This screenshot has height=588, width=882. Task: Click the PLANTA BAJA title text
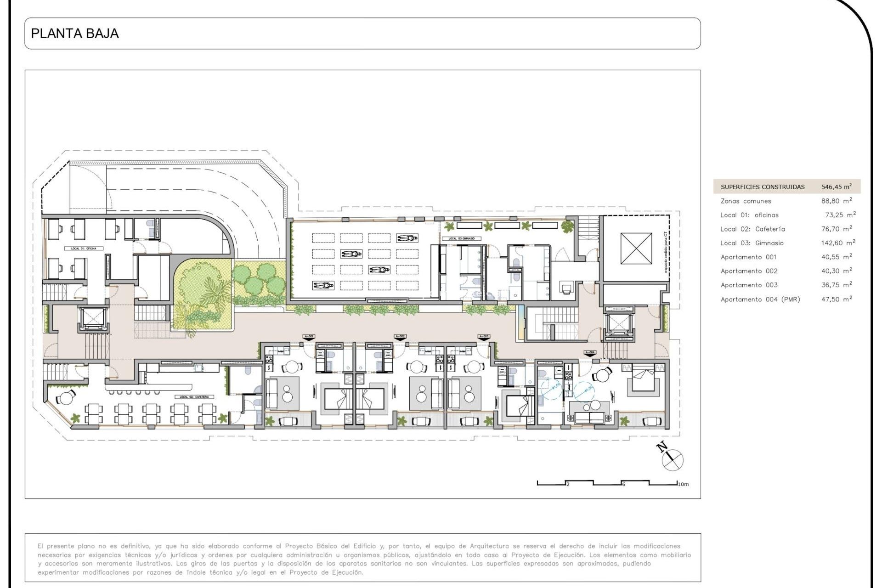click(74, 34)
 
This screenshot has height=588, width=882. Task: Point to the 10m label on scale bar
click(683, 484)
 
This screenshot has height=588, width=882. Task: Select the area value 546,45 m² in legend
click(836, 187)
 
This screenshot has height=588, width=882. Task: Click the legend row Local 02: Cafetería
click(752, 229)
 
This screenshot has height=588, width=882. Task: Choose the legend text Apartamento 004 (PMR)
click(760, 299)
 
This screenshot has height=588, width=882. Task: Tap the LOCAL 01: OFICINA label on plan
click(84, 249)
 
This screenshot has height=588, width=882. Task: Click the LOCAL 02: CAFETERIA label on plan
click(194, 397)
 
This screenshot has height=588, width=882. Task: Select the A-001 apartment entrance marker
click(309, 337)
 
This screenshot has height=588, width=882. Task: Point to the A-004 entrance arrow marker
click(590, 353)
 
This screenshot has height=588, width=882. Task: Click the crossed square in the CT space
click(636, 249)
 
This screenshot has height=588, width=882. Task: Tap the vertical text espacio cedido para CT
click(666, 252)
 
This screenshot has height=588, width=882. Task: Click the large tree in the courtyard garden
click(202, 287)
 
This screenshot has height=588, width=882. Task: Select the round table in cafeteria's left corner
click(67, 398)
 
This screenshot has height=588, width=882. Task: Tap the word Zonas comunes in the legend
click(746, 201)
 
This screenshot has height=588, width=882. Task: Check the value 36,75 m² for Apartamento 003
click(836, 285)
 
